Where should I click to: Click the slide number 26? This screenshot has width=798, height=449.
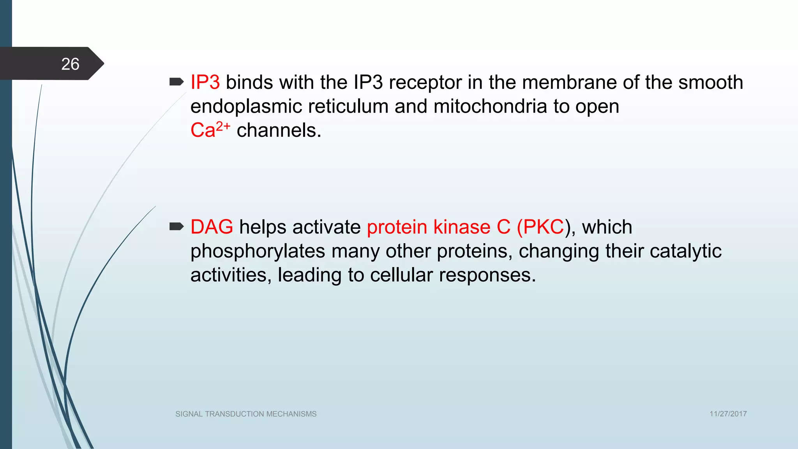point(70,64)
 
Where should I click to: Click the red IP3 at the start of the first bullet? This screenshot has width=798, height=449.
point(205,83)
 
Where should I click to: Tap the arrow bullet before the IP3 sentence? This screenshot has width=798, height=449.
point(177,82)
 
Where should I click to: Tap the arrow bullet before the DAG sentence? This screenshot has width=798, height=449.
point(177,226)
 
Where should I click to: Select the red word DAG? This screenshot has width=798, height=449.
point(212,227)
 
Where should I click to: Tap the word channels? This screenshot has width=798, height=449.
point(279,130)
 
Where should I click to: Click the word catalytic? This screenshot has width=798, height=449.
point(685,251)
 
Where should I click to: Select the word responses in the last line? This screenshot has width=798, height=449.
point(487,275)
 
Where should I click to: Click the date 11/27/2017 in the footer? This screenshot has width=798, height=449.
point(728,414)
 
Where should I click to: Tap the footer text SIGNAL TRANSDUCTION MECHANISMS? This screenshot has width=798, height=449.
point(246,414)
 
